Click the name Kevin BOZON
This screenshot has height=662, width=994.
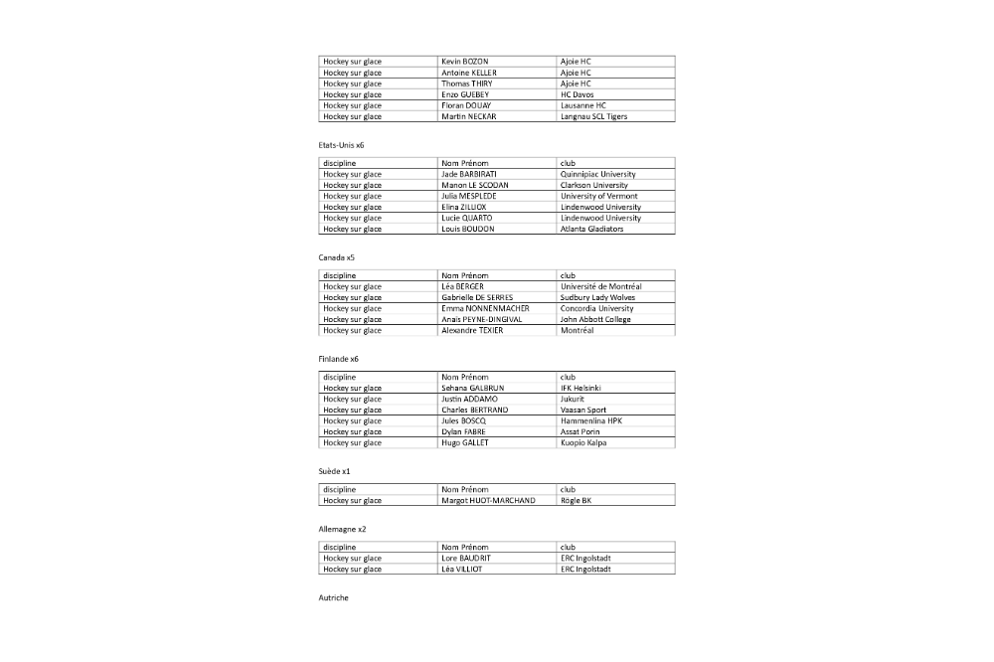point(465,62)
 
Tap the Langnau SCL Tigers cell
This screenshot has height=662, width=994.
point(594,116)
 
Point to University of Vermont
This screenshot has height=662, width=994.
point(599,196)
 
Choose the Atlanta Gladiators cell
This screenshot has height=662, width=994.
point(593,229)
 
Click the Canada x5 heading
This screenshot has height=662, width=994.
point(337,256)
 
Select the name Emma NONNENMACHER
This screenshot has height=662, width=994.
point(485,308)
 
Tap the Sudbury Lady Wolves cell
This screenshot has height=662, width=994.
point(597,297)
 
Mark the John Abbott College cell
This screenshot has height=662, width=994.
point(595,319)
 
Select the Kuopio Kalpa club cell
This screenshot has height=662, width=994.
point(583,442)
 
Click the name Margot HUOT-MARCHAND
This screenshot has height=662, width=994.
point(488,500)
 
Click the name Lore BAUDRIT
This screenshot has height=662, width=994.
point(466,558)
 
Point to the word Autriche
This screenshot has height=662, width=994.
point(334,597)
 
